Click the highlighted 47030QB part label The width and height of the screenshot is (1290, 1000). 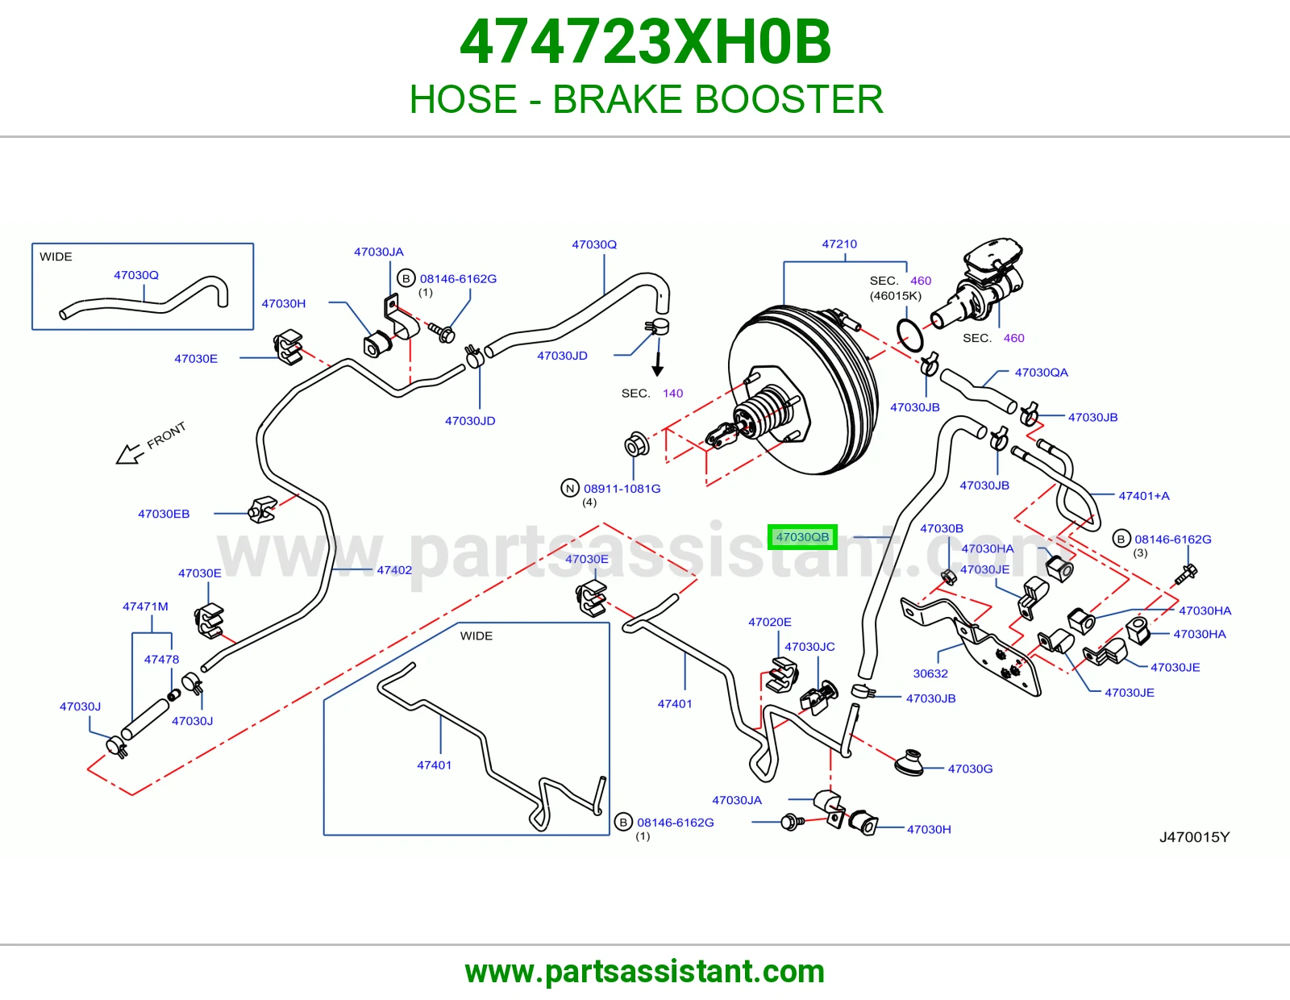[802, 537]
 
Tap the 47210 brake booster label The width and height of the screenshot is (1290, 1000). [838, 244]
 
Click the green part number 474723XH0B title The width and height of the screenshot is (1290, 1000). [645, 42]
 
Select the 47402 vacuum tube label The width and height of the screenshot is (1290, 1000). [394, 570]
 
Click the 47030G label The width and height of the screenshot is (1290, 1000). [970, 769]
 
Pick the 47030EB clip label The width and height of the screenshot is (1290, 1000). [164, 514]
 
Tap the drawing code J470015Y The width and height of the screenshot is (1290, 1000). [1194, 837]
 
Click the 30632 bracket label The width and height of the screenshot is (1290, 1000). [930, 673]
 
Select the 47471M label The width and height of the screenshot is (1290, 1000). [145, 606]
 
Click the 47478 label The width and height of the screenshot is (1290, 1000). [161, 659]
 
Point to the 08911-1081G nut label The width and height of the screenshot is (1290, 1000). [622, 488]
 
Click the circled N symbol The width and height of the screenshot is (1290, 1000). [570, 488]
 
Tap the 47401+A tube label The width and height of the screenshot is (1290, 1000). [1144, 496]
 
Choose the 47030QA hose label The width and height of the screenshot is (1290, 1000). [1041, 373]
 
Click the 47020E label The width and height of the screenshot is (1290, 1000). [769, 622]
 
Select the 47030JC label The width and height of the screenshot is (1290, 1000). [809, 647]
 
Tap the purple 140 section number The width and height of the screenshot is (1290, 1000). [672, 393]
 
